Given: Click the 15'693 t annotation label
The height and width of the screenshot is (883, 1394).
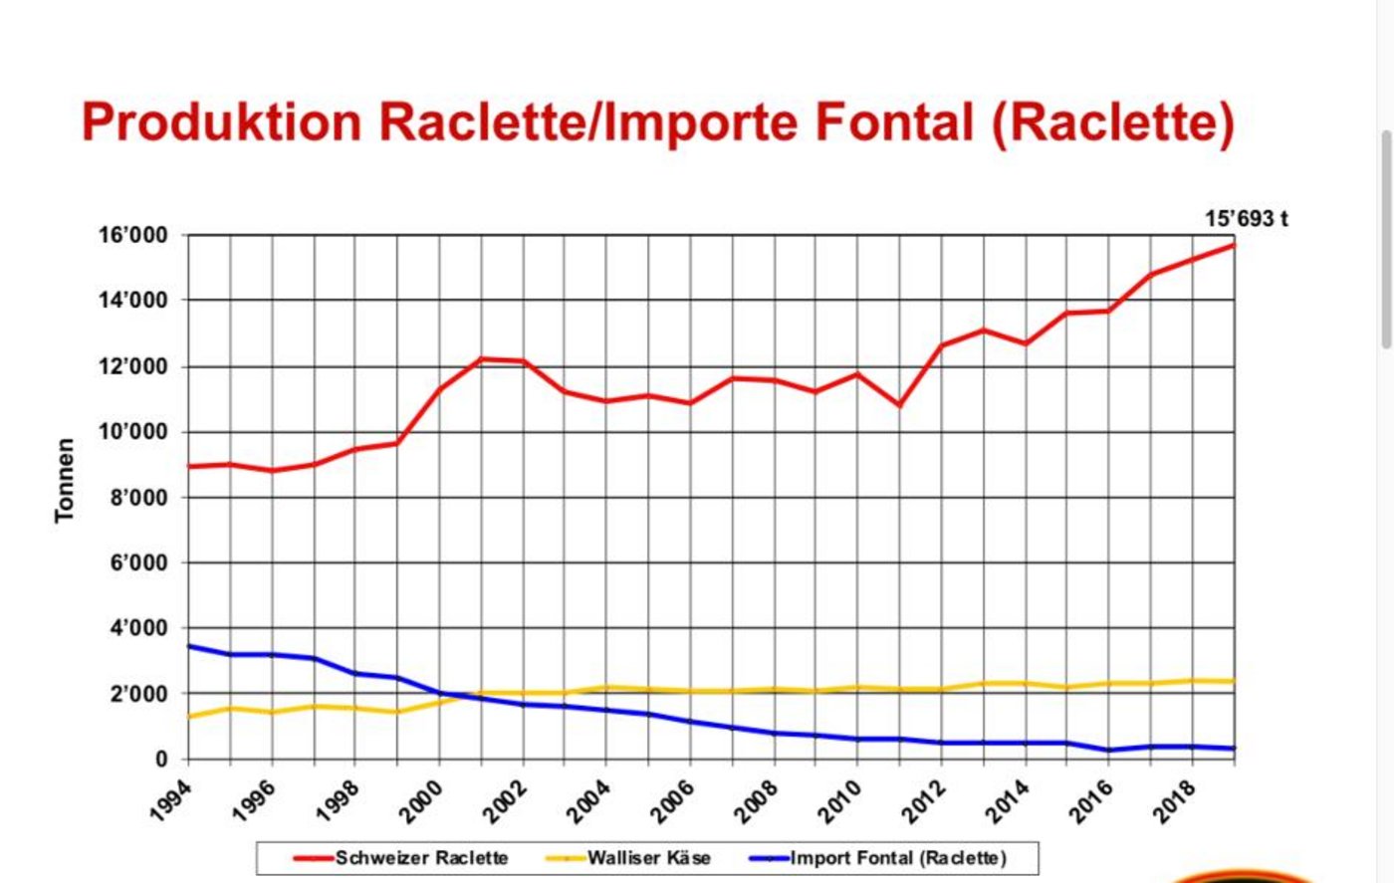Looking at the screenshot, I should (x=1246, y=219).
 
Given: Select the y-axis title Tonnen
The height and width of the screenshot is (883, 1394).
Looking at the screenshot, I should (x=65, y=480).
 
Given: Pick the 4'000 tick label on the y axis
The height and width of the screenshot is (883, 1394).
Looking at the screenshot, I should (x=136, y=628).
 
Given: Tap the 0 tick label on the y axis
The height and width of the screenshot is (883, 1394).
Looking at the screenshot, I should (x=161, y=760).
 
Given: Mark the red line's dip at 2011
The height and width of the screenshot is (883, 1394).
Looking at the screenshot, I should (x=899, y=405).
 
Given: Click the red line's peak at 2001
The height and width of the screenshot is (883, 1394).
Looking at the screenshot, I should (x=481, y=358).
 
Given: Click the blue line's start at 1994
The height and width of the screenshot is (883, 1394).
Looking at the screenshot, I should (x=188, y=646).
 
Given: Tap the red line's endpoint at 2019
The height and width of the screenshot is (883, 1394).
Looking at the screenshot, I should (x=1234, y=245).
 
